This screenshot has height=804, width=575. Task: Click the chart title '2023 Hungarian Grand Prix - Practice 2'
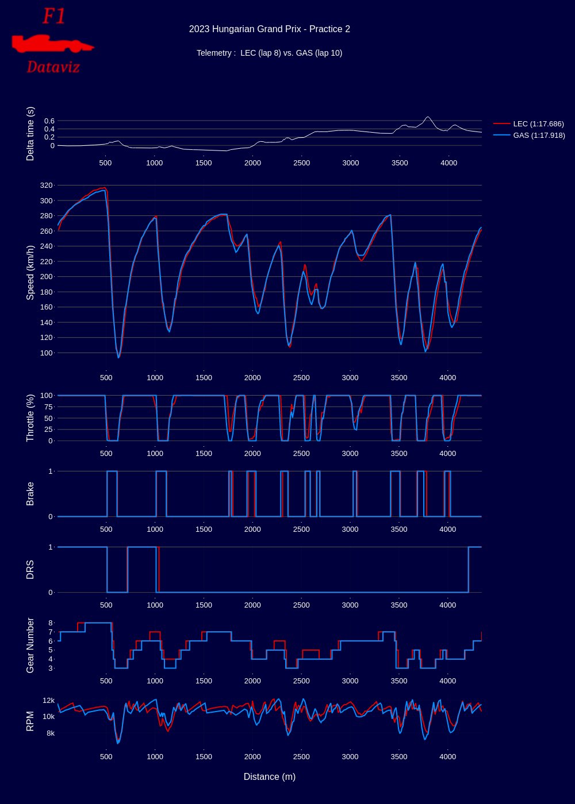[x=269, y=29]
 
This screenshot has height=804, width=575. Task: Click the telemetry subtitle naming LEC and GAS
[x=269, y=53]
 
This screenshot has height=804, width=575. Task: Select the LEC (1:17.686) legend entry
[x=538, y=123]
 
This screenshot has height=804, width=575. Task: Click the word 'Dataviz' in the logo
[x=53, y=67]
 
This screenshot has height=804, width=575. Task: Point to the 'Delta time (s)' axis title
[x=30, y=134]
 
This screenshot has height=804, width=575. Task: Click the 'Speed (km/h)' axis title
[x=30, y=272]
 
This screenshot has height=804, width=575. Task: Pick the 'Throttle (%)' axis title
[x=30, y=418]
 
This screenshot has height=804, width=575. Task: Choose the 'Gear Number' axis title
[x=30, y=645]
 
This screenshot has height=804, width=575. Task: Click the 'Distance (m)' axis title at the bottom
[x=269, y=777]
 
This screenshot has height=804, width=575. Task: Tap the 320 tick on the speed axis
[x=46, y=185]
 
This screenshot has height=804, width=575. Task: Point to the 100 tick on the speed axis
[x=46, y=353]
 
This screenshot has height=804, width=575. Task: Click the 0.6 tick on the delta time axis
[x=48, y=121]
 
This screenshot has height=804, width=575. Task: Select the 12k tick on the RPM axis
[x=48, y=701]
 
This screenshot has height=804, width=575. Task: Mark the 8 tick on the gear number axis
[x=51, y=623]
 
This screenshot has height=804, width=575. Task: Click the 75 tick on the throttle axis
[x=48, y=407]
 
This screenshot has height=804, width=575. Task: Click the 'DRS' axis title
[x=30, y=570]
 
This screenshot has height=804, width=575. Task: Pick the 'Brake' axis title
[x=30, y=494]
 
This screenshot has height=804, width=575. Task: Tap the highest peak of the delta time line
[x=427, y=117]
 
